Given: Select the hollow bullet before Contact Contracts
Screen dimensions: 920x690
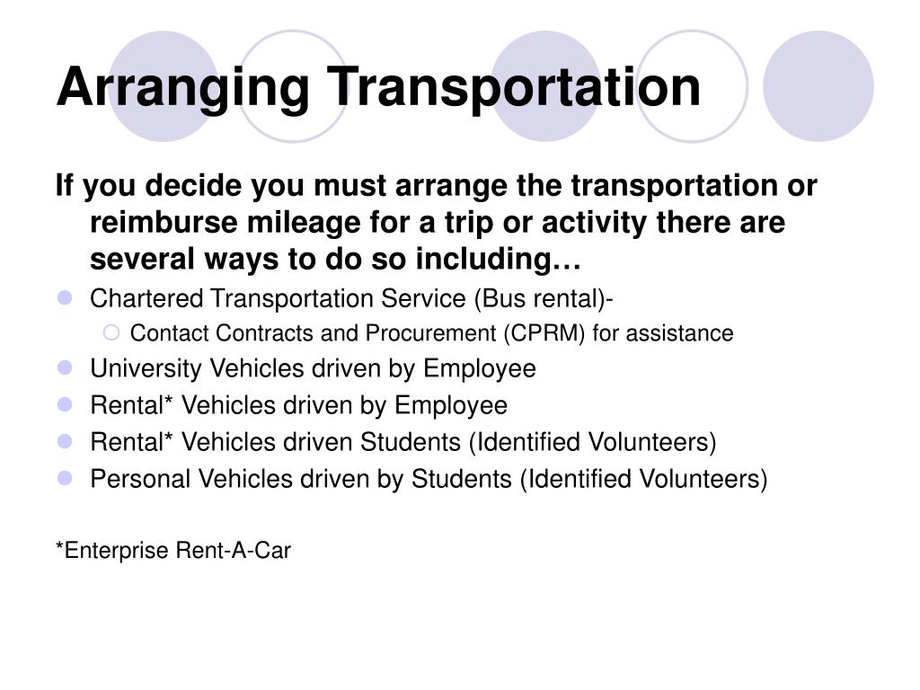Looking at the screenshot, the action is click(111, 333).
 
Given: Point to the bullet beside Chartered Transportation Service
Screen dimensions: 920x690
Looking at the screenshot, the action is click(65, 298).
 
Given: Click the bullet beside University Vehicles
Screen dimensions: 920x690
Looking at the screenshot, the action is click(65, 368).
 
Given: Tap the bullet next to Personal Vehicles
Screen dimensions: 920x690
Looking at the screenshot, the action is click(65, 479).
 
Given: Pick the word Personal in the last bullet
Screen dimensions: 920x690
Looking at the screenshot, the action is click(140, 479).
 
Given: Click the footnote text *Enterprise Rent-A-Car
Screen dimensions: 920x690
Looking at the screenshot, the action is click(173, 551).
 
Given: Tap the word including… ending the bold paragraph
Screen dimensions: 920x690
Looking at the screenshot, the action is click(498, 260).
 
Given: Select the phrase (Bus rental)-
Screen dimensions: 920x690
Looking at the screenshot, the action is click(544, 298).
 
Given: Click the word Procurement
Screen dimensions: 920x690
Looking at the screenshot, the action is click(430, 333).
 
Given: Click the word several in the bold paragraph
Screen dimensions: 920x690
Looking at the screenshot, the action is click(142, 260).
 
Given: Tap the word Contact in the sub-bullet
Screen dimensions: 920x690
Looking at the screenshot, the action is click(170, 333).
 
